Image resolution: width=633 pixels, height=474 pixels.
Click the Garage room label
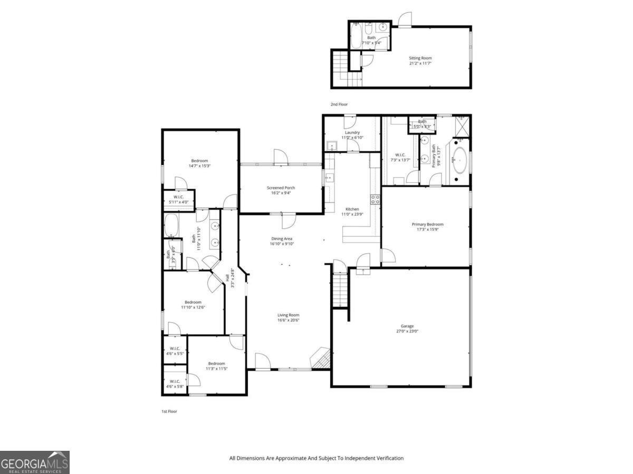[x=407, y=326]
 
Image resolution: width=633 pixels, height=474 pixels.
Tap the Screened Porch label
[x=281, y=188]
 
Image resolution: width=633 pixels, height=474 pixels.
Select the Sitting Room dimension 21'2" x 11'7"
[x=420, y=64]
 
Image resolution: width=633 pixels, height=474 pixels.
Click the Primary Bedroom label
[x=427, y=224]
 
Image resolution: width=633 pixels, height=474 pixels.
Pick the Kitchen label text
[x=352, y=209]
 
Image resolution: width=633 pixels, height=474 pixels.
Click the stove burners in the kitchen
[x=376, y=199]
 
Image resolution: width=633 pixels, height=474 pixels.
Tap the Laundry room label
[x=352, y=132]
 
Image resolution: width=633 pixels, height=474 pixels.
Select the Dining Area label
[x=281, y=238]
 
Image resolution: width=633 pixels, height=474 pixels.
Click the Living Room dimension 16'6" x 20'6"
[x=289, y=321]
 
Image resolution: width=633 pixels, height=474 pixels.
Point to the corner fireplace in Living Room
[x=320, y=360]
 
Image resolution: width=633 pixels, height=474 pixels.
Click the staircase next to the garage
[x=341, y=291]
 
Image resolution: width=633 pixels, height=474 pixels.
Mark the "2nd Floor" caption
[x=339, y=104]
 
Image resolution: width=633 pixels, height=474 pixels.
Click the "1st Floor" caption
[x=169, y=411]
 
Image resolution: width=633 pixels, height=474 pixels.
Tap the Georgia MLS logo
[x=34, y=462]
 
